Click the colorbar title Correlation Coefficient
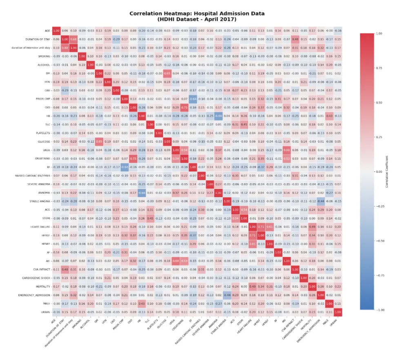(386, 171)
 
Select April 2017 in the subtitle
(219, 19)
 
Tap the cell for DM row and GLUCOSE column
(166, 73)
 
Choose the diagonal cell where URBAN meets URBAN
(338, 313)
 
